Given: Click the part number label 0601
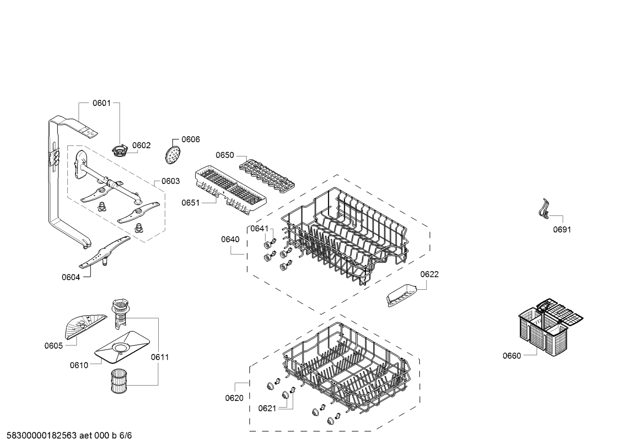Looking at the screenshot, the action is [102, 103].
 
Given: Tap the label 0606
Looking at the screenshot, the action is [190, 139].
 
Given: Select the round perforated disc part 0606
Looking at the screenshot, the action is [172, 154].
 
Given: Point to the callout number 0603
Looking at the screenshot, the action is [171, 181].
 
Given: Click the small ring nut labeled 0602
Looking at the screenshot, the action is [119, 150].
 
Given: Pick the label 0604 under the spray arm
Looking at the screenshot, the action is [71, 277].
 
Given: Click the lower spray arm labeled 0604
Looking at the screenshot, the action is [105, 252].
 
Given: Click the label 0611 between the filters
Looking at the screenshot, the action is [160, 357].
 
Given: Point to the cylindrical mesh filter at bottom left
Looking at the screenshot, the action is [119, 380].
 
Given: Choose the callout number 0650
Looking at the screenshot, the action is [225, 155].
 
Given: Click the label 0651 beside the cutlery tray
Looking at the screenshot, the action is [190, 203].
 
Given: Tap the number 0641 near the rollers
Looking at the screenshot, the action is [259, 228].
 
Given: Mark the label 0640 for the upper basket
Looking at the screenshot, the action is [230, 240].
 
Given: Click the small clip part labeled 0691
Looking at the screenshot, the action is [544, 209].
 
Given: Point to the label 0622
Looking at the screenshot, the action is [430, 274].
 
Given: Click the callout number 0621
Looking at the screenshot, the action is [267, 408].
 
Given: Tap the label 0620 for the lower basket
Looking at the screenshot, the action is [234, 398].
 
